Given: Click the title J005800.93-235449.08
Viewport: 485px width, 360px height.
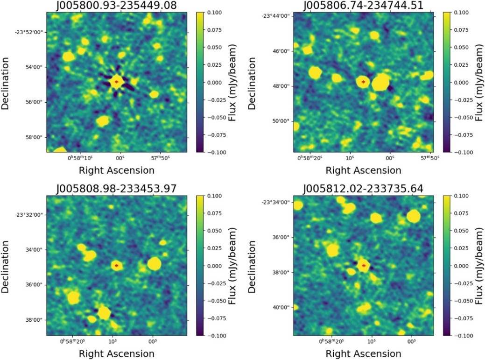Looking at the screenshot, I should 116,5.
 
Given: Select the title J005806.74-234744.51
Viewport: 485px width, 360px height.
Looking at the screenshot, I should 363,5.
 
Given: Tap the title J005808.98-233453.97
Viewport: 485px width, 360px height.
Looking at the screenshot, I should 116,189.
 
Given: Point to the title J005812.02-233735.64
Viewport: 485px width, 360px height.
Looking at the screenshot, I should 363,189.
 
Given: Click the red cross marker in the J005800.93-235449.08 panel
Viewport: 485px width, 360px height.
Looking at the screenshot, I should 116,82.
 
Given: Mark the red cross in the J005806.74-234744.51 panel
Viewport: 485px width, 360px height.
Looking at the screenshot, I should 363,82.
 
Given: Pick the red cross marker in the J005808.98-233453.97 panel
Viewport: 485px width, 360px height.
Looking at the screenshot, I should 116,265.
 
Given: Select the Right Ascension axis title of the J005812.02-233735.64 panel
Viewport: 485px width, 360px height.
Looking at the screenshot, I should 363,353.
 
